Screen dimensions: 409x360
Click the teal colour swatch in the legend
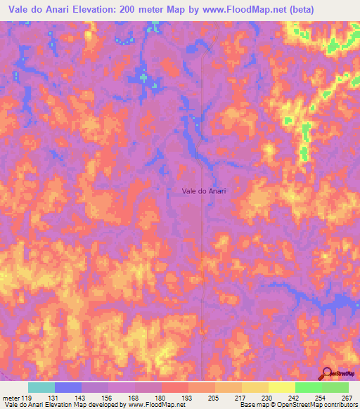[x=41, y=387]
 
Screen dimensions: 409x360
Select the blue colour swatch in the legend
[x=68, y=387]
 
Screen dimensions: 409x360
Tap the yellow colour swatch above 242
[x=282, y=387]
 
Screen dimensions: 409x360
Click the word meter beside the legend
[x=9, y=398]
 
